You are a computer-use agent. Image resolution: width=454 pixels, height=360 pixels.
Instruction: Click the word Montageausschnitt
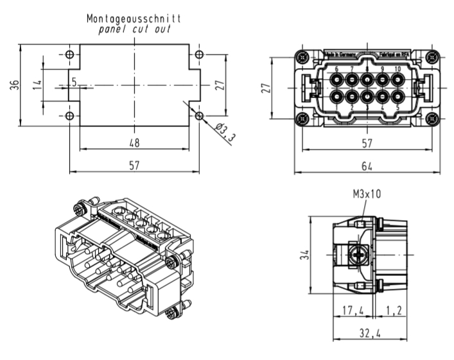click(x=134, y=19)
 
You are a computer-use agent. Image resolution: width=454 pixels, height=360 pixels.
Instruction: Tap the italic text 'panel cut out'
click(x=134, y=30)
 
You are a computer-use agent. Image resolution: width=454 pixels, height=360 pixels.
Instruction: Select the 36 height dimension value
click(x=13, y=85)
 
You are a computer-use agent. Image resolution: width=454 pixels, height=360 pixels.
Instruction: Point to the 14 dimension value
click(x=37, y=85)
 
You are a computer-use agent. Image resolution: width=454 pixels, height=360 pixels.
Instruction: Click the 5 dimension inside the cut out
click(x=74, y=81)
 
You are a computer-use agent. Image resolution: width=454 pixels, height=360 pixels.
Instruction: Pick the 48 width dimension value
click(x=134, y=142)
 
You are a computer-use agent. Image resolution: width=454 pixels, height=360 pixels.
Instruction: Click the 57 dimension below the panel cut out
click(x=134, y=165)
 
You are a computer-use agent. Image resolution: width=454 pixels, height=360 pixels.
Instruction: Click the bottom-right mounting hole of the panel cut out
click(x=199, y=116)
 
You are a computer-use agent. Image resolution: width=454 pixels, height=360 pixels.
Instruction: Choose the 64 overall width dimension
click(x=367, y=166)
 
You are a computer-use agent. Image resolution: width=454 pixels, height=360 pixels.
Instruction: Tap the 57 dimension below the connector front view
click(x=367, y=142)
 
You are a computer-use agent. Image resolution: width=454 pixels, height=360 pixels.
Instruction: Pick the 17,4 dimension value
click(x=352, y=311)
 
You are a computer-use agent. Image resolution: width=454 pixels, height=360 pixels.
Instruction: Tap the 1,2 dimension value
click(x=394, y=311)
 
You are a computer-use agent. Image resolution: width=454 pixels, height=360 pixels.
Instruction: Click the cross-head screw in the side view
click(x=359, y=255)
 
